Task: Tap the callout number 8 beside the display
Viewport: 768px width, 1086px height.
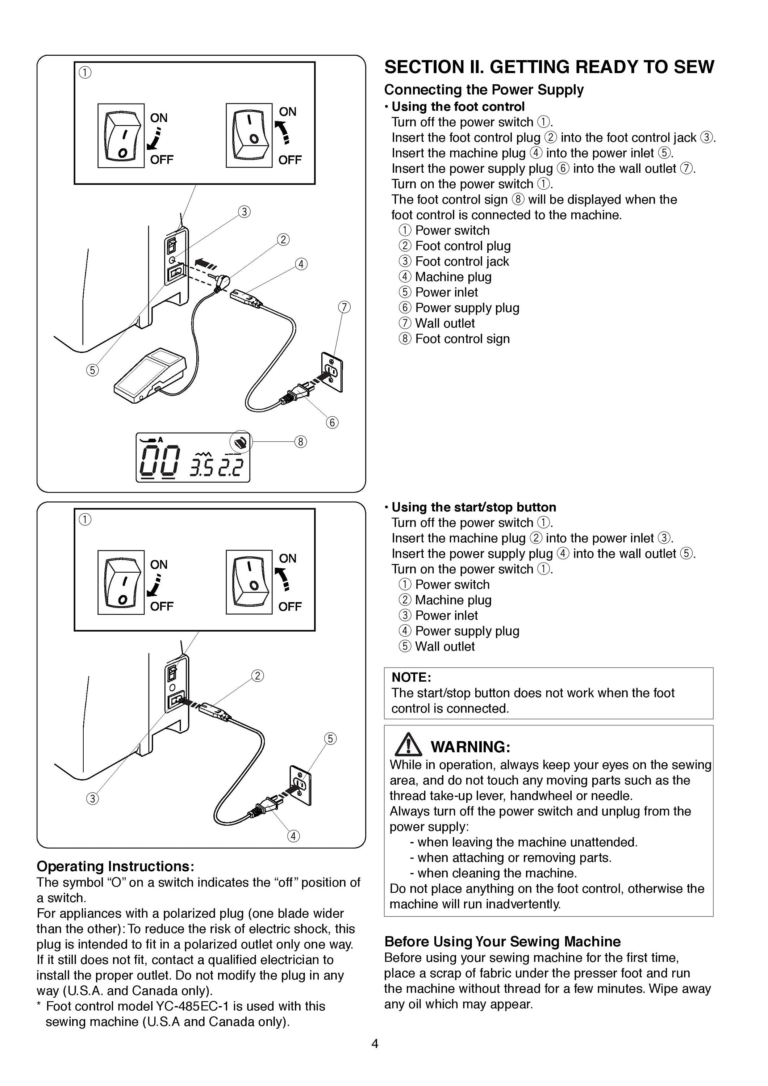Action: [x=300, y=442]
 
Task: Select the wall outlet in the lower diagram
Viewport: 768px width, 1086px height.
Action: [x=300, y=785]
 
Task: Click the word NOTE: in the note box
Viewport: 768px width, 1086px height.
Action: [x=411, y=677]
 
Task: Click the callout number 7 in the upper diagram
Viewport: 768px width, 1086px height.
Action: [x=345, y=307]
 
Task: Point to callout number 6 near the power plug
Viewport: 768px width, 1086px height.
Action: [x=332, y=422]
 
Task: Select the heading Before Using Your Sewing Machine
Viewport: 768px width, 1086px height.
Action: [x=502, y=941]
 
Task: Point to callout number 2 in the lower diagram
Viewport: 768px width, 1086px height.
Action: [x=258, y=676]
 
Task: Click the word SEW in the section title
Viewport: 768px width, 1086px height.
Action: [x=694, y=67]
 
